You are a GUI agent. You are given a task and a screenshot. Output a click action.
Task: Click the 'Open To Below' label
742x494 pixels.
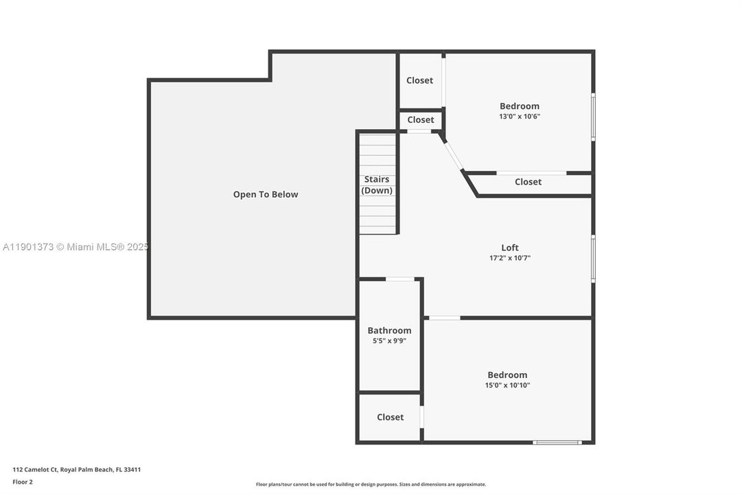(x=266, y=194)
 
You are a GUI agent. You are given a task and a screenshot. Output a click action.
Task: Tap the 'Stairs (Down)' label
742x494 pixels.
(x=377, y=185)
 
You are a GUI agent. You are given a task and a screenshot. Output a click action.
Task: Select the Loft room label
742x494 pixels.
(x=510, y=248)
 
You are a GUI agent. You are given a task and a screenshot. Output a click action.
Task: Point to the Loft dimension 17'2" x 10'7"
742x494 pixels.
(x=510, y=259)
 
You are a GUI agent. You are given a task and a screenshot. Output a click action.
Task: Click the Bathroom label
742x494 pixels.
(x=389, y=330)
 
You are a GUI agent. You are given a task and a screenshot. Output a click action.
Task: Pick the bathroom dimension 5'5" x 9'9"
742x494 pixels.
(x=389, y=341)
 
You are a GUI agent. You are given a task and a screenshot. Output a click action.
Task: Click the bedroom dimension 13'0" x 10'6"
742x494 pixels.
(x=520, y=117)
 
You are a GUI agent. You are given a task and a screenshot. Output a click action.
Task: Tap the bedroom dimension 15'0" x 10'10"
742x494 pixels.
(x=507, y=386)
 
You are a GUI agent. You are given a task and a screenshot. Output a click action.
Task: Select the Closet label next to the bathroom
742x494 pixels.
(x=390, y=417)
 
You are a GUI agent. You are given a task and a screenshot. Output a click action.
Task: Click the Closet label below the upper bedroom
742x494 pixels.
(x=528, y=182)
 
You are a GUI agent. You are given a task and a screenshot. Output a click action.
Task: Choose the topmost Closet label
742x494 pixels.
(x=419, y=80)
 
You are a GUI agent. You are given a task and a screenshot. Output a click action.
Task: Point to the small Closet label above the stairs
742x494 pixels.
(x=421, y=119)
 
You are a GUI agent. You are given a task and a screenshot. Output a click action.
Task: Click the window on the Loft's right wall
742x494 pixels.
(x=593, y=259)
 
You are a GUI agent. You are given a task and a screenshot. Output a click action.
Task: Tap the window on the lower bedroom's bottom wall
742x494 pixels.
(x=557, y=443)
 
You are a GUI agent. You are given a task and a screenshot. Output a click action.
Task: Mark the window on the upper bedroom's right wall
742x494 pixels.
(x=593, y=117)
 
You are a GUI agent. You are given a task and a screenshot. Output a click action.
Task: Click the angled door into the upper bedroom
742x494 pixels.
(x=454, y=156)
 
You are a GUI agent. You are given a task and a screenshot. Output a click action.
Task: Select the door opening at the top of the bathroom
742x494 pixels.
(x=400, y=279)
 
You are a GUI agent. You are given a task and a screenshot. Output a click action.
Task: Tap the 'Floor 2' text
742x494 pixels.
(x=23, y=482)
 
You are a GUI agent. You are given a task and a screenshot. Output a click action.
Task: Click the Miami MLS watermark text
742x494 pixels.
(x=76, y=247)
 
